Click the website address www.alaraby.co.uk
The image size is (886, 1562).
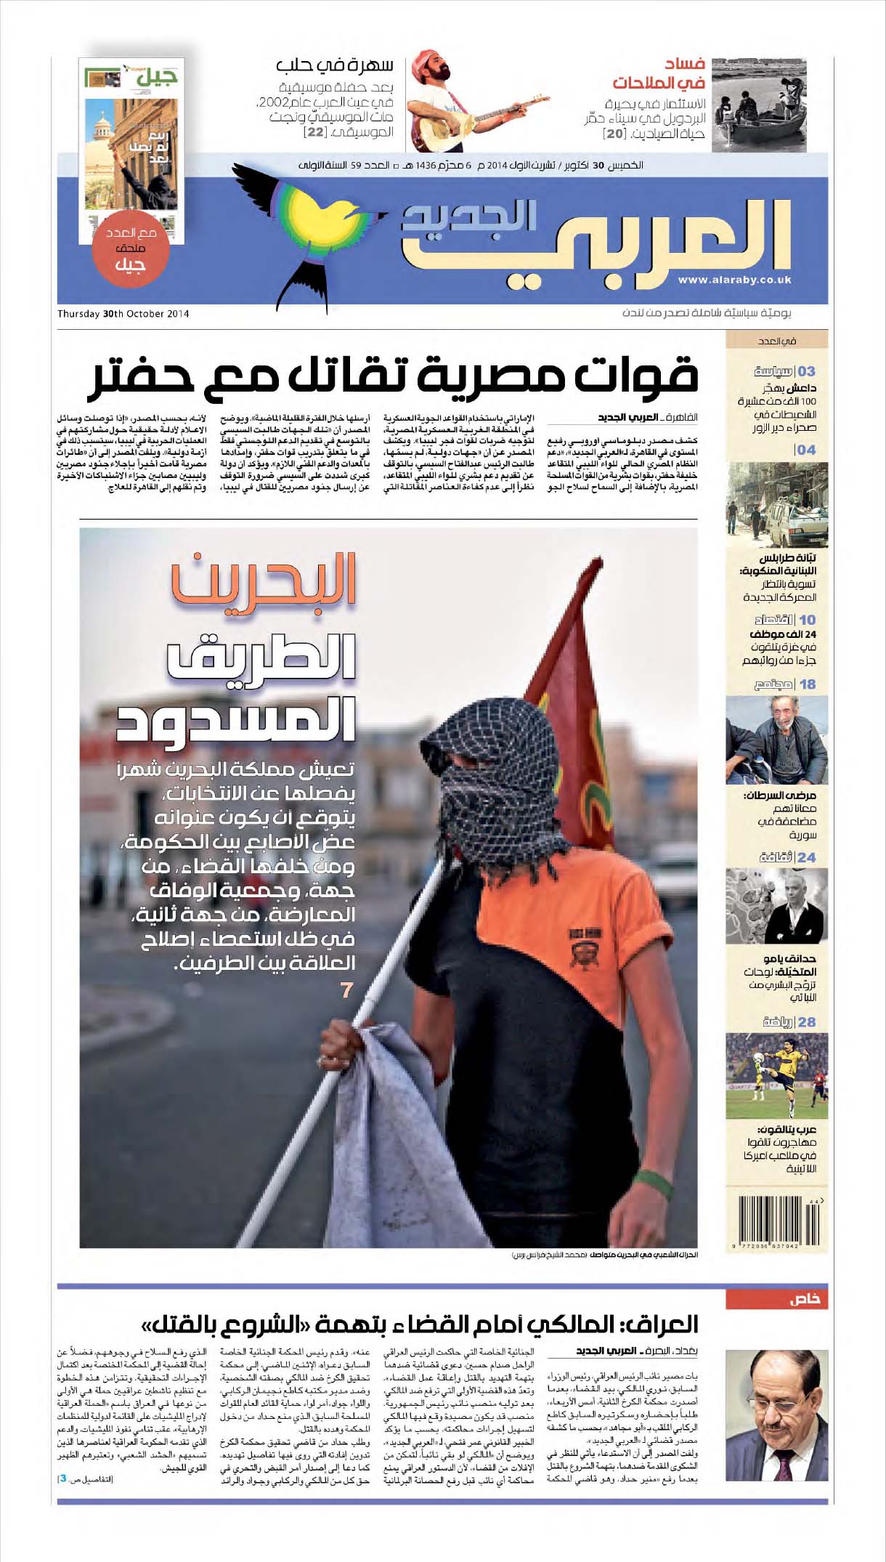click(x=734, y=280)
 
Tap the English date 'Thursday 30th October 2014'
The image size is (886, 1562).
click(x=123, y=314)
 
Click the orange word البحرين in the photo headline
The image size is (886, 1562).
click(x=264, y=579)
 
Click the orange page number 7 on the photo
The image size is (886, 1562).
click(x=347, y=990)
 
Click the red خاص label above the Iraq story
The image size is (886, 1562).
click(x=804, y=1299)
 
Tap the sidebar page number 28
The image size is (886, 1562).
click(x=807, y=1022)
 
